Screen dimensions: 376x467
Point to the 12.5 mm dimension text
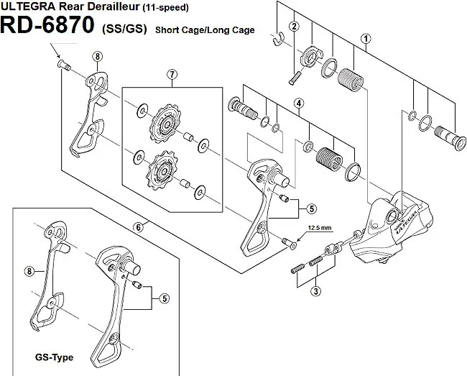pyautogui.click(x=321, y=228)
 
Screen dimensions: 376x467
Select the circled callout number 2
pyautogui.click(x=293, y=27)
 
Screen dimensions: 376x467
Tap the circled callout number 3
pyautogui.click(x=316, y=291)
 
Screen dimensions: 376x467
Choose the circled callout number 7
pyautogui.click(x=171, y=75)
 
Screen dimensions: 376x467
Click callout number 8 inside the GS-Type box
pyautogui.click(x=29, y=271)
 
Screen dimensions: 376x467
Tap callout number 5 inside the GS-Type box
pyautogui.click(x=165, y=298)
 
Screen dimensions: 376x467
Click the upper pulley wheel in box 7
pyautogui.click(x=165, y=124)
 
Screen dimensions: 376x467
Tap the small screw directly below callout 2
pyautogui.click(x=292, y=76)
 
